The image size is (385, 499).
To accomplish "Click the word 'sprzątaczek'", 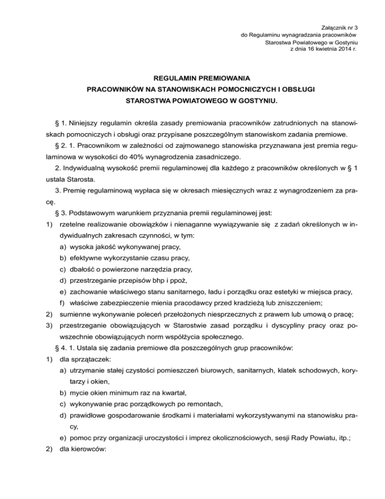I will (x=91, y=368).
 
